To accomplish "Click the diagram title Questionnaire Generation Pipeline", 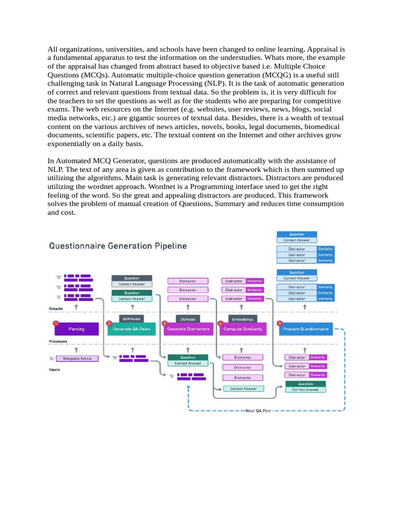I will tap(118, 246).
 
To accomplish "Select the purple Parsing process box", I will tap(76, 329).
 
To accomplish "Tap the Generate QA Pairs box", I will tap(132, 329).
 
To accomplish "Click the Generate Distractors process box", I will tap(188, 329).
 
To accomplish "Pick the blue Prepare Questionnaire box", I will tap(305, 329).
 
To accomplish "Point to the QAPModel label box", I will tap(132, 318).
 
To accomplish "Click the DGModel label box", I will tap(188, 318).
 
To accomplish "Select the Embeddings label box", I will tap(243, 318).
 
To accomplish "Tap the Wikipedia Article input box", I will tap(77, 359).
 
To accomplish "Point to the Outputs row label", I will tap(56, 309).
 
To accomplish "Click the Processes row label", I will tap(58, 341).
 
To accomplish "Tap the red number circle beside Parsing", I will tap(55, 323).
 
